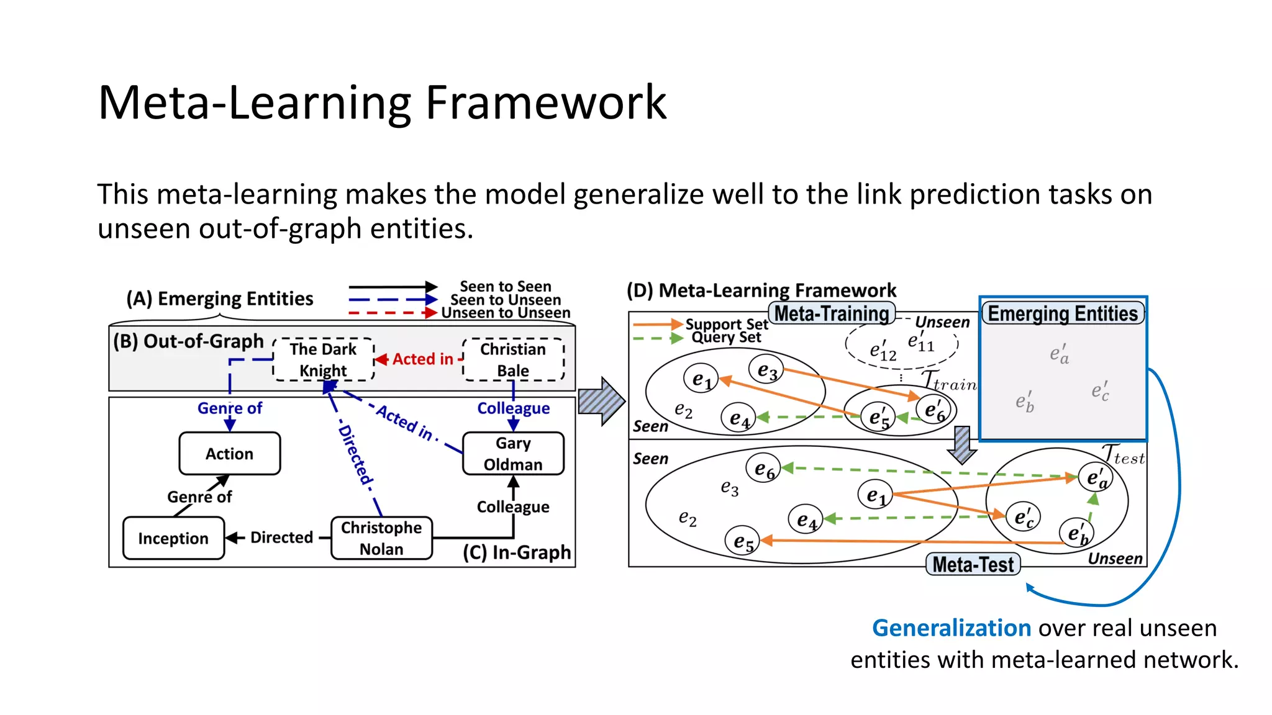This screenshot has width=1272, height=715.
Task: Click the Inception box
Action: coord(173,538)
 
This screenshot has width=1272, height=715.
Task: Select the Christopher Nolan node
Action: coord(381,538)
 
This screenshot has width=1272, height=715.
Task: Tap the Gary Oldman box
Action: coord(513,454)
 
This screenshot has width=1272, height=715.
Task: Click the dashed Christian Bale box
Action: coord(513,359)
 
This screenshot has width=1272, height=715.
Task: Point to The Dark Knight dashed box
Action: coord(323,359)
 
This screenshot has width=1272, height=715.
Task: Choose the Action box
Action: coord(229,454)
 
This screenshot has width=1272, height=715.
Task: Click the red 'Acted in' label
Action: coord(422,359)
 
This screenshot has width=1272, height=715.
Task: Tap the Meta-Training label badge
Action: coord(832,313)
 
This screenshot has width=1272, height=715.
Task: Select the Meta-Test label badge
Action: coord(973,564)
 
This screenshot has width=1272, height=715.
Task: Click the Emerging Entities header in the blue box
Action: coord(1063,313)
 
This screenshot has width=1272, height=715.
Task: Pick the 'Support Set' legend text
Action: coord(726,324)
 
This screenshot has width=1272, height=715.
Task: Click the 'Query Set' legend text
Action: coord(726,338)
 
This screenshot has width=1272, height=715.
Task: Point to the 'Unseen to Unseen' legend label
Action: coord(506,313)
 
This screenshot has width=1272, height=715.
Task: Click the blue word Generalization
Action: coord(952,628)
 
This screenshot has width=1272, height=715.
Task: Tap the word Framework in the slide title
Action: coord(545,102)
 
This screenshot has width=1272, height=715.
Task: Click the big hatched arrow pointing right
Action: coord(601,402)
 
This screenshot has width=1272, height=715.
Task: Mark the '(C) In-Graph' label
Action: coord(517,552)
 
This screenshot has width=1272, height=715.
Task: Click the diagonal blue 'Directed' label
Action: coord(355,455)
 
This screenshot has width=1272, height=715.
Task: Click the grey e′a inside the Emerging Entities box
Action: coord(1059,354)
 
